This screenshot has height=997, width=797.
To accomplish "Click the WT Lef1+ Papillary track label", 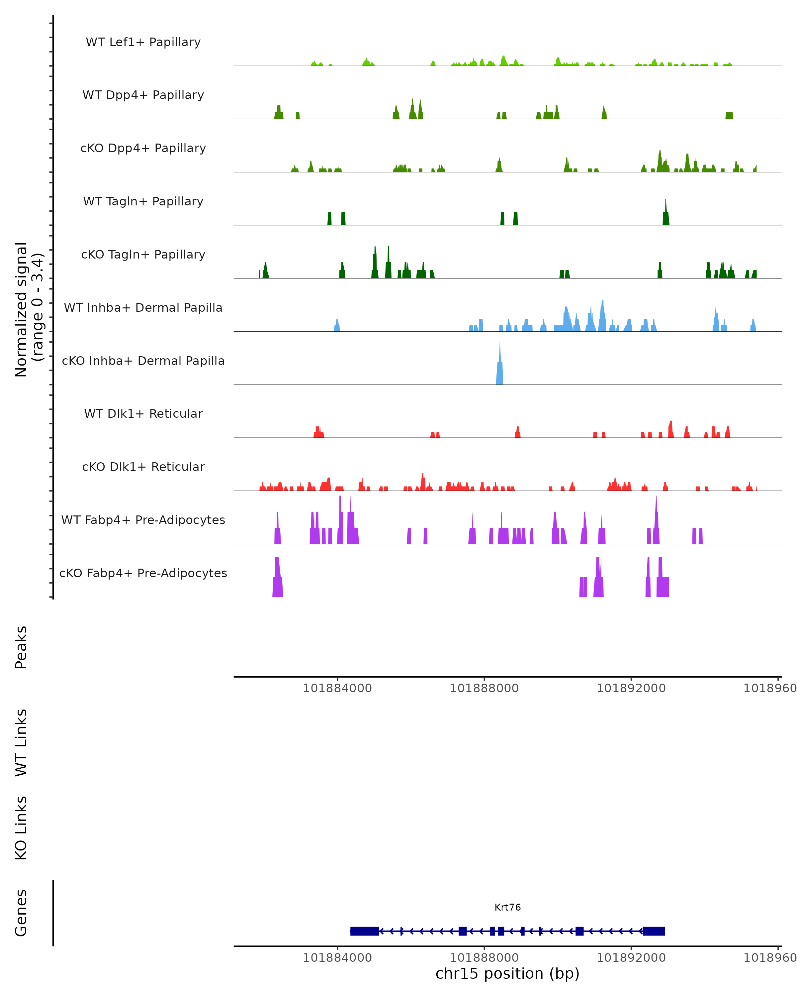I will pos(143,42).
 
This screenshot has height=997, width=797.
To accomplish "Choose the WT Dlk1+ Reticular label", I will pos(143,413).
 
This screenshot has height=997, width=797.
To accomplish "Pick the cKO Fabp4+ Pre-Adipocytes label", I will pos(143,573).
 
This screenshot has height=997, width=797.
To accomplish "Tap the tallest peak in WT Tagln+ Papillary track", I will pos(666,215).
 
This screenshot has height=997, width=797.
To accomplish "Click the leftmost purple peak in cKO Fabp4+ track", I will pos(277,580).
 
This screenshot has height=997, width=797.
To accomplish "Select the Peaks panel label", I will pos(21,647).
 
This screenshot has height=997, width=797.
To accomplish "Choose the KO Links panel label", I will pos(21,828).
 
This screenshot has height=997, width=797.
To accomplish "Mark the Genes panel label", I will pos(21,913).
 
